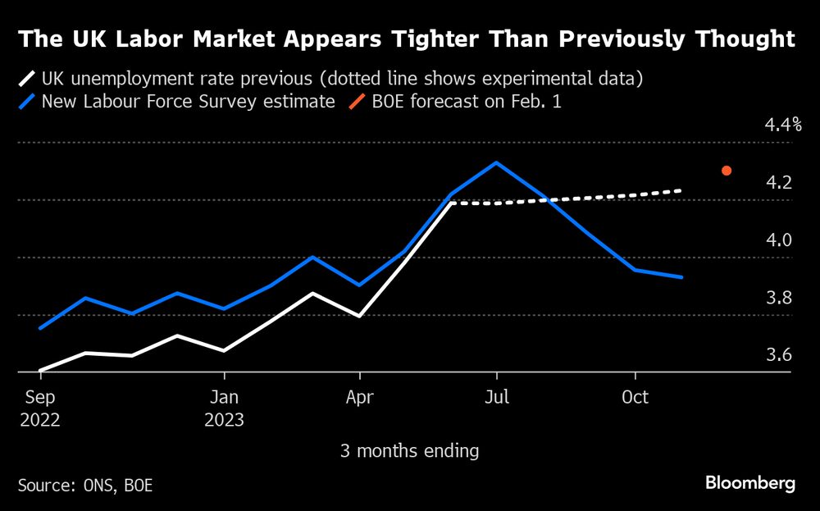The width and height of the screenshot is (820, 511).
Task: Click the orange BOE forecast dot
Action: pyautogui.click(x=726, y=171)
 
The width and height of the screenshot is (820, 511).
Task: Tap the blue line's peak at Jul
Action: pyautogui.click(x=496, y=162)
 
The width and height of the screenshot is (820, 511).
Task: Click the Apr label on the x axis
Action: pyautogui.click(x=360, y=398)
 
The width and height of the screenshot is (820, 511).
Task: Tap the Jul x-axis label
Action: pyautogui.click(x=496, y=398)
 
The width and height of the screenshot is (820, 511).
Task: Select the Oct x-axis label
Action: pyautogui.click(x=635, y=398)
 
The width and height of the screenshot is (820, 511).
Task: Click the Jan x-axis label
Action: pyautogui.click(x=224, y=398)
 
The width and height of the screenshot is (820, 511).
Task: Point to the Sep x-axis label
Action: pyautogui.click(x=41, y=398)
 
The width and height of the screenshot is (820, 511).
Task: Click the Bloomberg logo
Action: pyautogui.click(x=750, y=483)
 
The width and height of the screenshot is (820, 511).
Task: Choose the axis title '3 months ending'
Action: pyautogui.click(x=409, y=450)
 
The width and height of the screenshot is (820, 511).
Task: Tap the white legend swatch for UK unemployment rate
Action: pyautogui.click(x=28, y=80)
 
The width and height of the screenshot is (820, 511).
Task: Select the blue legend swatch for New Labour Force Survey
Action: pyautogui.click(x=28, y=103)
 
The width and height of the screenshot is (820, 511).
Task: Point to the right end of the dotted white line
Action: pyautogui.click(x=681, y=191)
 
